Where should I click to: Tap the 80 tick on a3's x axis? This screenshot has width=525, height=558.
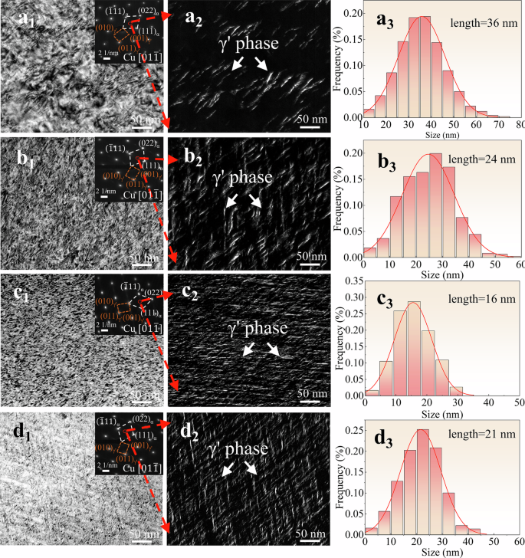pyautogui.click(x=519, y=125)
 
